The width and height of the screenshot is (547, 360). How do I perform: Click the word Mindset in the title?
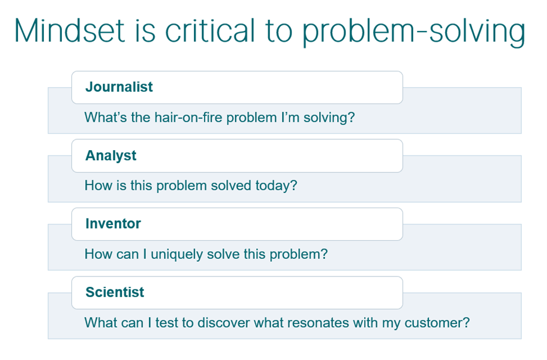(x=70, y=31)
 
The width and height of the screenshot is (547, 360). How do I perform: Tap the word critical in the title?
(x=210, y=31)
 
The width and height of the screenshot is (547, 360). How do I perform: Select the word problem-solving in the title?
(x=413, y=33)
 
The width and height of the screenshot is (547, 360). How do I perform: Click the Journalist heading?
(x=119, y=87)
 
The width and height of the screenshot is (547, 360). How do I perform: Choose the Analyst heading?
(x=111, y=155)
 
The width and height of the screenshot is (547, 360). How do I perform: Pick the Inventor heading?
(x=113, y=224)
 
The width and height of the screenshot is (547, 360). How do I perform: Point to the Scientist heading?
(x=115, y=292)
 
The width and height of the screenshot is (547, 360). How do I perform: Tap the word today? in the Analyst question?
(x=276, y=186)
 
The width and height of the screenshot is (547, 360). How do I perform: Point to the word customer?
(x=437, y=323)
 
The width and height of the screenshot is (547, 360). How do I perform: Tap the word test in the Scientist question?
(x=167, y=323)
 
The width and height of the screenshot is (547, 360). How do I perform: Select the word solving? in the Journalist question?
(x=329, y=118)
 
